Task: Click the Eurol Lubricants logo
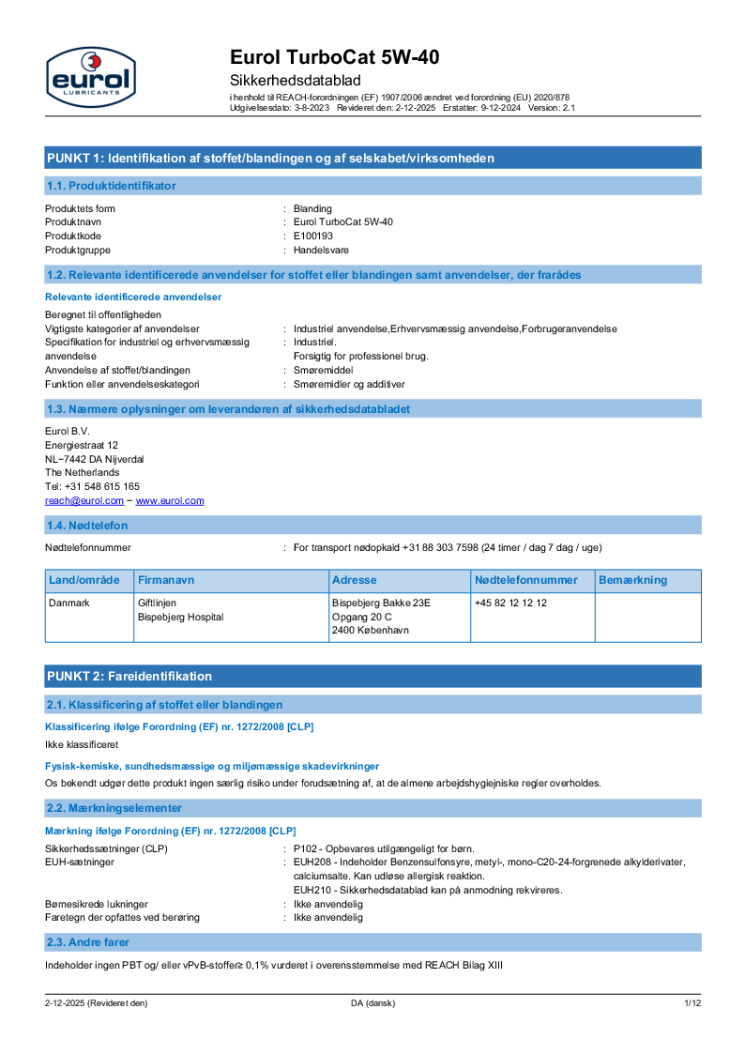click(x=90, y=75)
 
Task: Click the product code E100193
click(x=313, y=236)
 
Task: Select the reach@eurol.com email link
click(x=84, y=501)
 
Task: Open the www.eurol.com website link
click(x=170, y=501)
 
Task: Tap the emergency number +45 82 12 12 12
click(x=510, y=603)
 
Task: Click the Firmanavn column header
click(x=165, y=580)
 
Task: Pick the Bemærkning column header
click(x=632, y=580)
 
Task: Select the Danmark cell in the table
click(x=69, y=603)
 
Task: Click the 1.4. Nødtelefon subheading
click(x=86, y=526)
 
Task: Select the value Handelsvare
click(x=322, y=250)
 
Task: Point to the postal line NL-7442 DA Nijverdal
click(x=94, y=459)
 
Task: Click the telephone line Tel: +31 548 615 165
click(x=92, y=486)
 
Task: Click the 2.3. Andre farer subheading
click(x=88, y=941)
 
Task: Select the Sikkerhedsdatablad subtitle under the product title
click(x=296, y=81)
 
